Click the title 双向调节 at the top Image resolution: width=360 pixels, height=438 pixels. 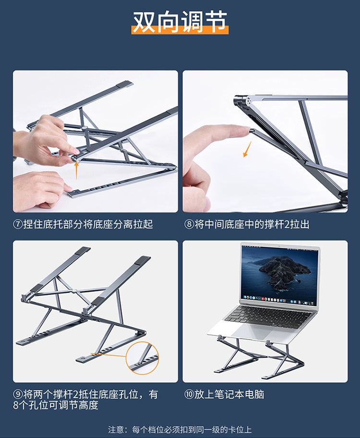click(180, 22)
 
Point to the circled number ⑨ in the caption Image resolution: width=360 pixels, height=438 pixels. click(18, 394)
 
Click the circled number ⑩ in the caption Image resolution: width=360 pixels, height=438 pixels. click(189, 394)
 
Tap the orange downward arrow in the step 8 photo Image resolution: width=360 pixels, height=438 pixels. click(247, 149)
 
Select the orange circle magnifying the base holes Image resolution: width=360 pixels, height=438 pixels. click(142, 357)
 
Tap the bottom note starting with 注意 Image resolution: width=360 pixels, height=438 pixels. click(180, 429)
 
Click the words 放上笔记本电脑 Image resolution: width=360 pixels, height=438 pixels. click(229, 394)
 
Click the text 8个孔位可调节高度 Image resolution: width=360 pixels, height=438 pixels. click(56, 405)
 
